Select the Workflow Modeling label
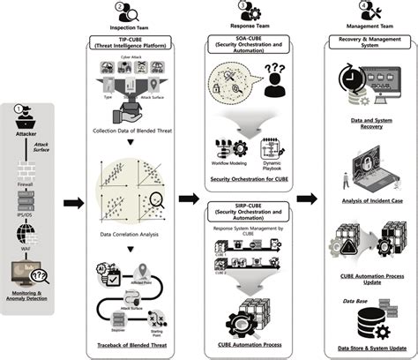tap(228, 164)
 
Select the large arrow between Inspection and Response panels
tap(189, 199)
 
